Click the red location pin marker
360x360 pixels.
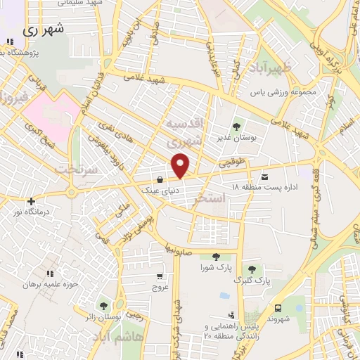181,165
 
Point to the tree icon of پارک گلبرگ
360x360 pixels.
252,269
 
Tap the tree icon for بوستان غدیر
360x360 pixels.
236,127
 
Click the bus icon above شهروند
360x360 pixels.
278,308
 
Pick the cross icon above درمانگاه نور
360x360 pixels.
30,201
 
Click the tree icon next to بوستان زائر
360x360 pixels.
104,306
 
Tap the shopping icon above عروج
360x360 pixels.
160,276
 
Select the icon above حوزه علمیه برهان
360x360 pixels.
48,274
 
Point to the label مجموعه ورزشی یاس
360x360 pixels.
286,92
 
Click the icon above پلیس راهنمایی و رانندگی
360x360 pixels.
230,315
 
